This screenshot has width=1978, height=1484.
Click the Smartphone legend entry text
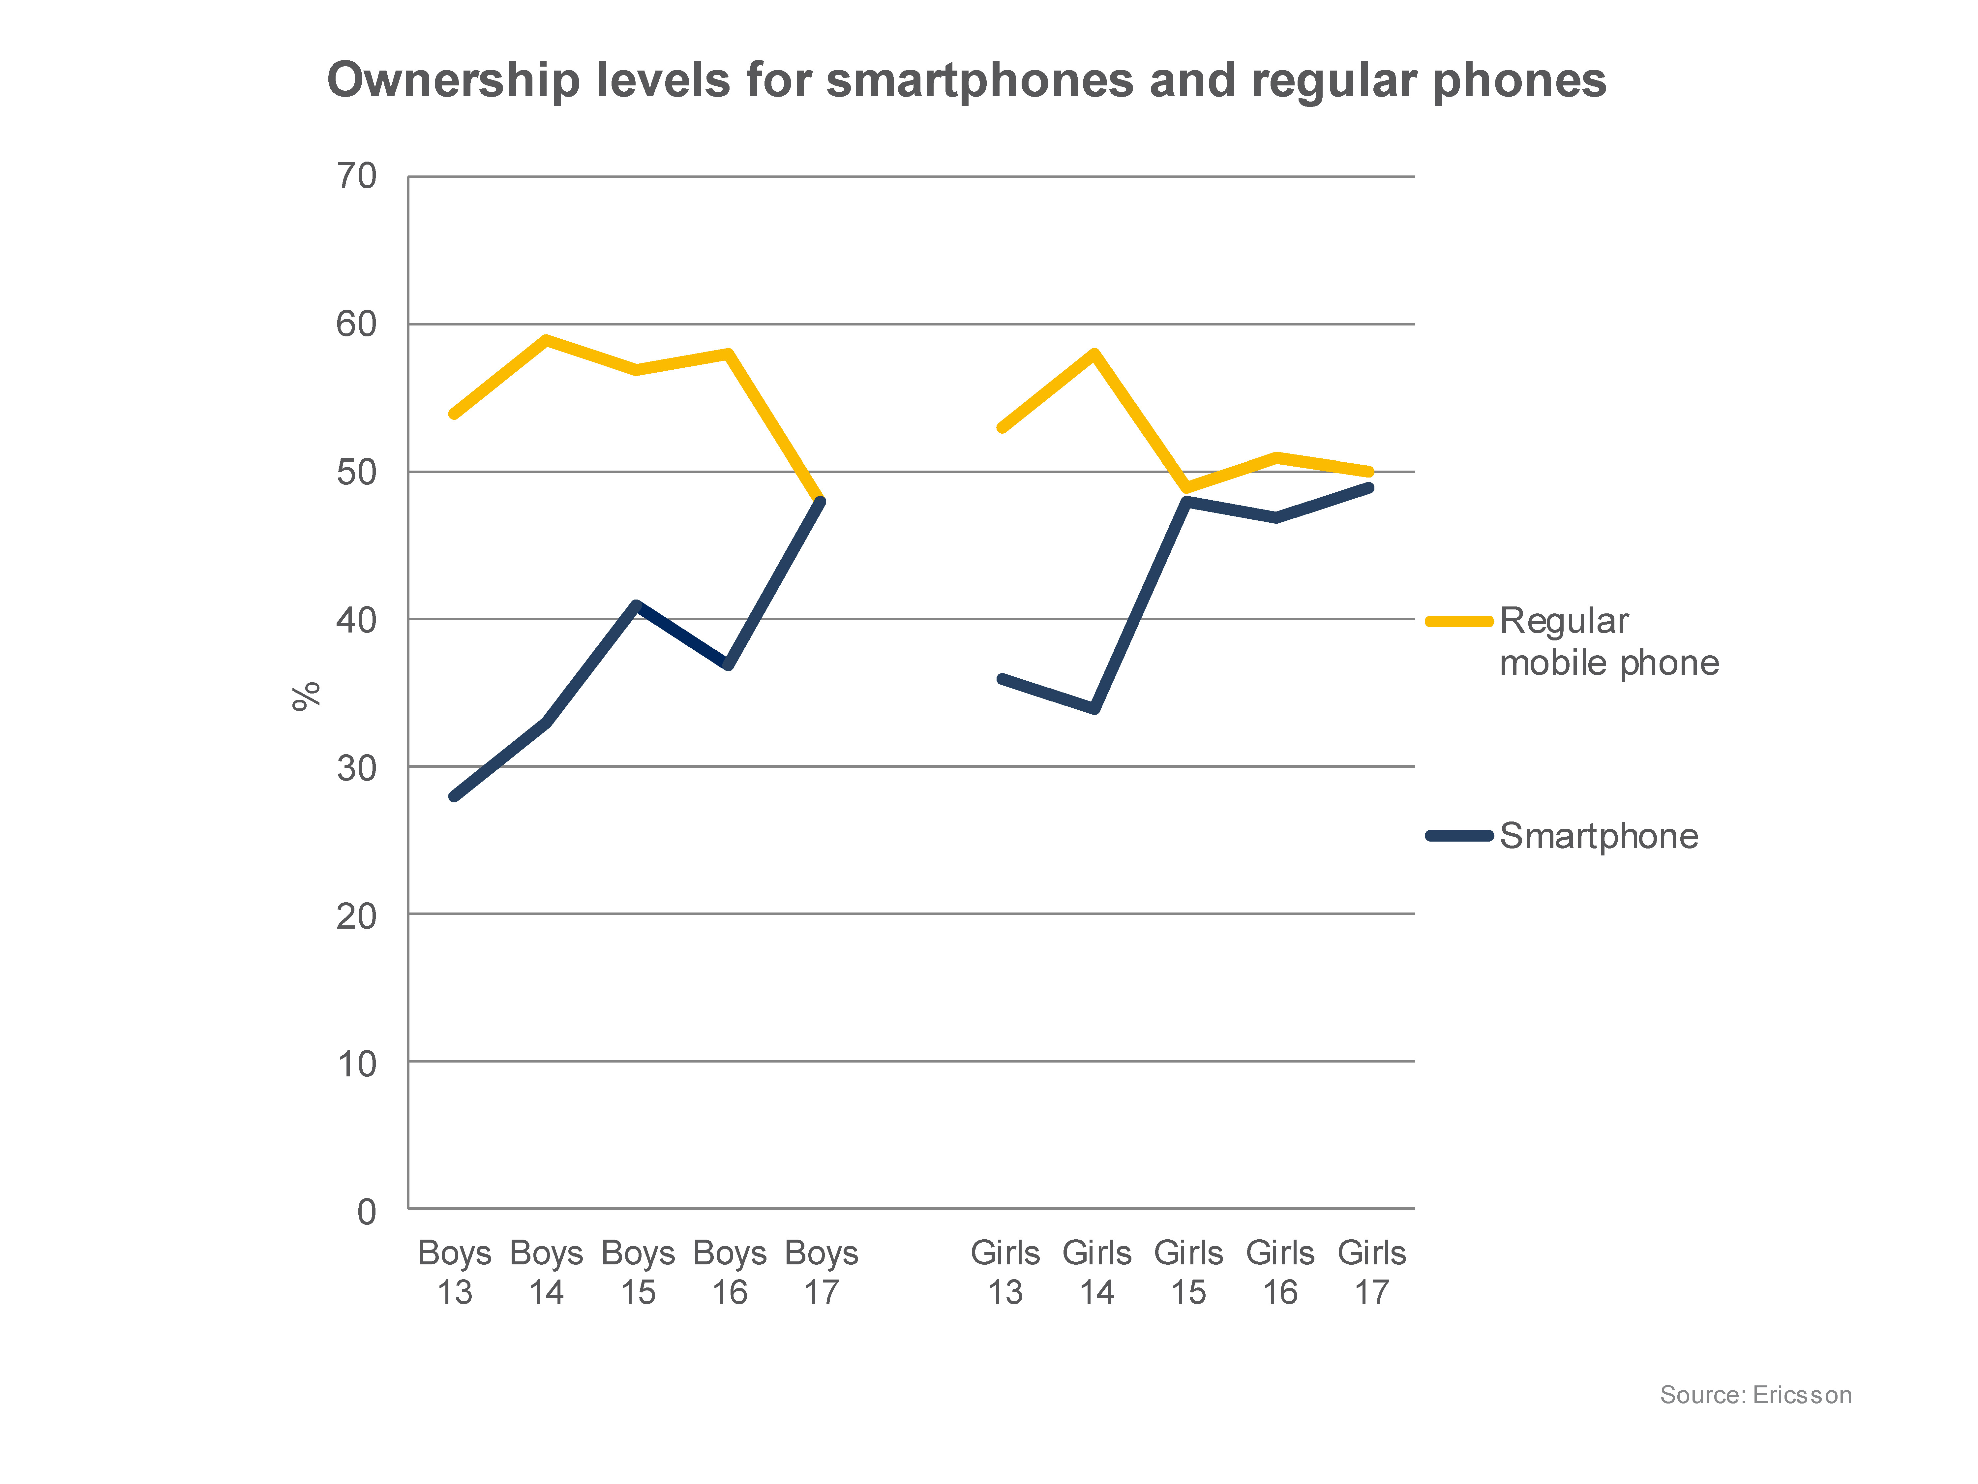(1598, 835)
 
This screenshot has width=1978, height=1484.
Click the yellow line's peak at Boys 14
(546, 339)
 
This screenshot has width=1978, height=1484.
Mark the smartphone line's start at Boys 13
(454, 795)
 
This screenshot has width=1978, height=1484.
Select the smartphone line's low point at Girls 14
(1095, 708)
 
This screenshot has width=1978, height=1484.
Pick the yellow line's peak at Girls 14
(1095, 353)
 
